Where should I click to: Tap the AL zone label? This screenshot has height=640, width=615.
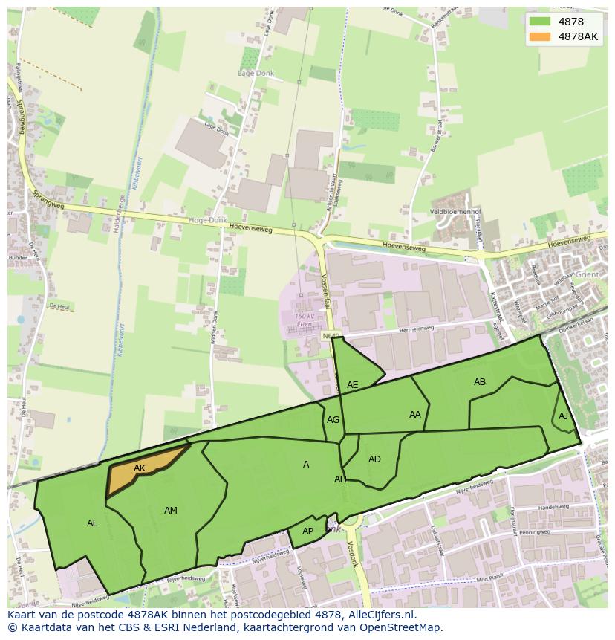point(92,523)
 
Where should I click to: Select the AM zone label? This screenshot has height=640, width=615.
point(171,510)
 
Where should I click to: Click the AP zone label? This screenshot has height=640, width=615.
point(307,531)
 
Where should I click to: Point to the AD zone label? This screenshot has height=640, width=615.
point(374,459)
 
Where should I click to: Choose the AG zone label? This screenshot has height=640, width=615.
point(333,420)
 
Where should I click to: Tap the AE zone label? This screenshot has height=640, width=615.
point(353,384)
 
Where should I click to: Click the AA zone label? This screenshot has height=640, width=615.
point(415,415)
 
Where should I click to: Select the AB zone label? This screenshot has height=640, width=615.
point(480,382)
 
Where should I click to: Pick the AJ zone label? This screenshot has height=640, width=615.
point(563,416)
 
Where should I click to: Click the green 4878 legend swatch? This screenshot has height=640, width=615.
point(541,22)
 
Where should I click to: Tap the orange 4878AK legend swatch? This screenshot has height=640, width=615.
point(541,36)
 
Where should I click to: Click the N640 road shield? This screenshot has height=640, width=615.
point(331,336)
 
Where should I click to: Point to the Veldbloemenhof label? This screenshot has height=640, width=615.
point(461,210)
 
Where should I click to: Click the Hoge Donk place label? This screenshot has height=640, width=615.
point(207,220)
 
